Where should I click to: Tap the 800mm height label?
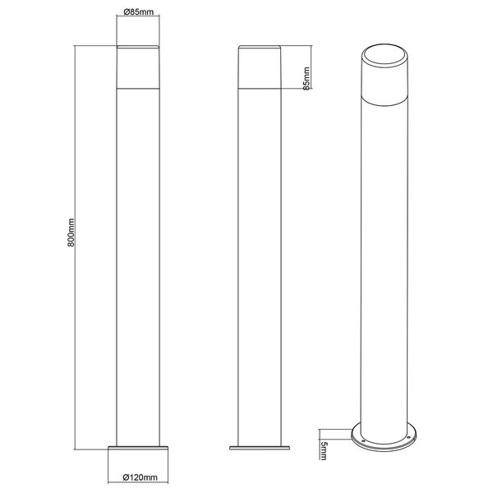tap(72, 233)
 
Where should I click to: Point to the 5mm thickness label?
tap(325, 448)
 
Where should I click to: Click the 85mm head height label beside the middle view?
tap(306, 79)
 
